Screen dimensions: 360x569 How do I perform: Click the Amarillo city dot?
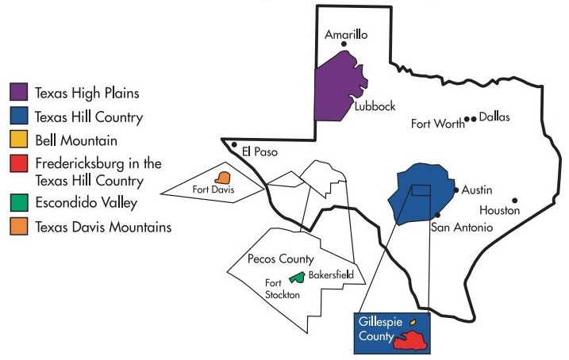[344, 44]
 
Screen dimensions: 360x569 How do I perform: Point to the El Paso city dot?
[233, 145]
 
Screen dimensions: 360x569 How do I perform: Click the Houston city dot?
[515, 200]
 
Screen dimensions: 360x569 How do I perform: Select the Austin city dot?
[456, 190]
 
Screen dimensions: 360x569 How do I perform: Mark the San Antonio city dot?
[437, 215]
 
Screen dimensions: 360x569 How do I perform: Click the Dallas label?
[494, 117]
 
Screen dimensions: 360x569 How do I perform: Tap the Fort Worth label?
[438, 124]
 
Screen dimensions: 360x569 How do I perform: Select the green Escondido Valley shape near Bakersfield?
[297, 277]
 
